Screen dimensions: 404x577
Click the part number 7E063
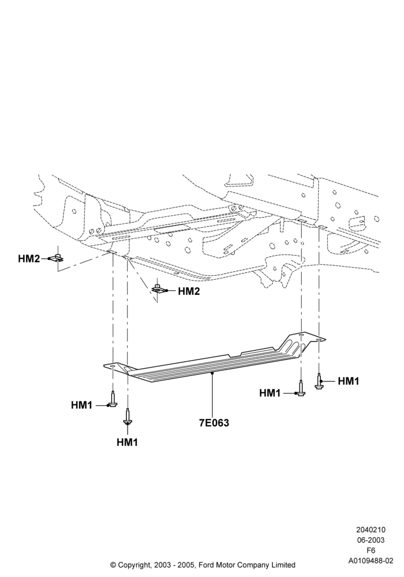point(214,423)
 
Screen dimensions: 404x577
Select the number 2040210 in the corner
point(371,530)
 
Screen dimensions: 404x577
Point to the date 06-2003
point(371,540)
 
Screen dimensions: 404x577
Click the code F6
point(371,550)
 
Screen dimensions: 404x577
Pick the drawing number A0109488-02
point(371,561)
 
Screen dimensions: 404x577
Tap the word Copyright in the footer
point(134,565)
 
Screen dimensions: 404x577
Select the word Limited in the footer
point(283,565)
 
